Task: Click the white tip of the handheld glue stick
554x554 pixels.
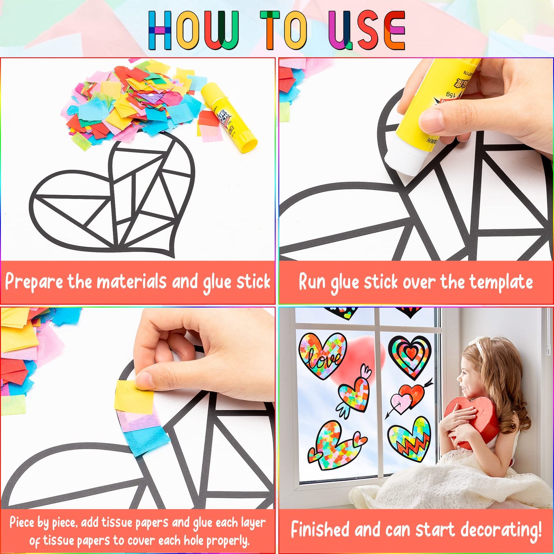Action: (x=403, y=157)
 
